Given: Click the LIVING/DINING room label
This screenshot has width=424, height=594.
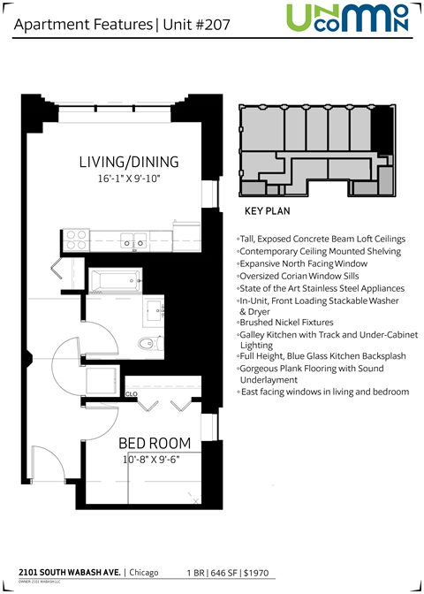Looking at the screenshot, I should click(x=129, y=162).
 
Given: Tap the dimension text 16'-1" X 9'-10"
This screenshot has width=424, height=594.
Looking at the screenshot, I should click(x=129, y=179).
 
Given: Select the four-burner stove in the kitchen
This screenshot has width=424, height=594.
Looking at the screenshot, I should click(x=75, y=239).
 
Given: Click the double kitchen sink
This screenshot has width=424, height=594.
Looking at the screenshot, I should click(x=133, y=239).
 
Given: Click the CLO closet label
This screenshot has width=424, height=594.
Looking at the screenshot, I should click(x=131, y=392).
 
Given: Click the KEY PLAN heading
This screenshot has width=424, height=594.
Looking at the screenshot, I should click(x=267, y=212).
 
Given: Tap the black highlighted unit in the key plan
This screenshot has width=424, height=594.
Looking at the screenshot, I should click(x=382, y=133).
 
